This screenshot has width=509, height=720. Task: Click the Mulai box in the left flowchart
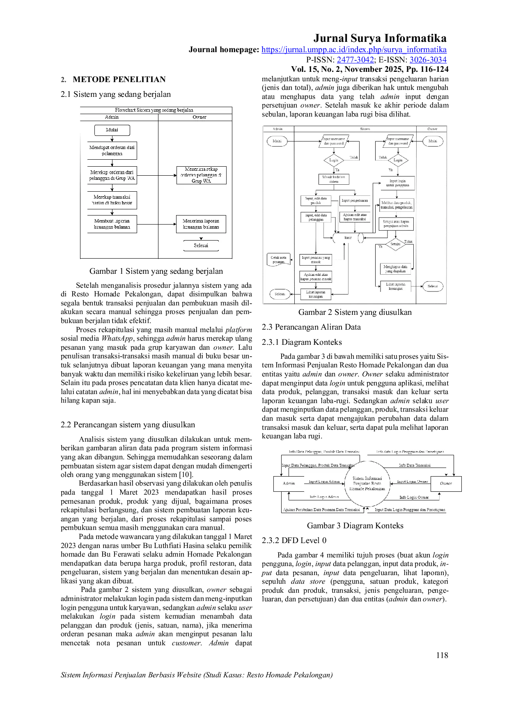tap(112, 130)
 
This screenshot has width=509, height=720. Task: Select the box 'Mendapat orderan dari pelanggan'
tap(112, 151)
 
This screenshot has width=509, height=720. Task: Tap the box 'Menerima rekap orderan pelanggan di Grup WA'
tap(201, 175)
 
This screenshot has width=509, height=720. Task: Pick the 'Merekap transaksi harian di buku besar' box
tap(112, 200)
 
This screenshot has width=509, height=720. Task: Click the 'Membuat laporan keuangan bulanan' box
tap(112, 224)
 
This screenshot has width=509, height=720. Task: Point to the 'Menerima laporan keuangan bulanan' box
tap(201, 224)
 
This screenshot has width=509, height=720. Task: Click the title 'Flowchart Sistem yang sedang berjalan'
tap(154, 110)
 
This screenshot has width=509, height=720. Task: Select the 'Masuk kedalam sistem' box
tap(334, 179)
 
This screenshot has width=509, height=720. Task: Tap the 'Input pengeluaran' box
tap(355, 201)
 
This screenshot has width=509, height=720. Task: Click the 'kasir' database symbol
tap(348, 238)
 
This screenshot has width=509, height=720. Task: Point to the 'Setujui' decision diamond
tap(395, 244)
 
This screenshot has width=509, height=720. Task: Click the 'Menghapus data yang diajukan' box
tap(395, 269)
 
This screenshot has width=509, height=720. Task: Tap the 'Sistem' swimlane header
tap(365, 129)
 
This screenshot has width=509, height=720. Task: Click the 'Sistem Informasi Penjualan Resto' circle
tap(367, 484)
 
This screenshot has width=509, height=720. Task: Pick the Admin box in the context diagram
tap(289, 484)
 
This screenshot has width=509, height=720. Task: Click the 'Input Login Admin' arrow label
tap(324, 482)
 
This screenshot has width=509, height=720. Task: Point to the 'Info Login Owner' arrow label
tap(414, 498)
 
